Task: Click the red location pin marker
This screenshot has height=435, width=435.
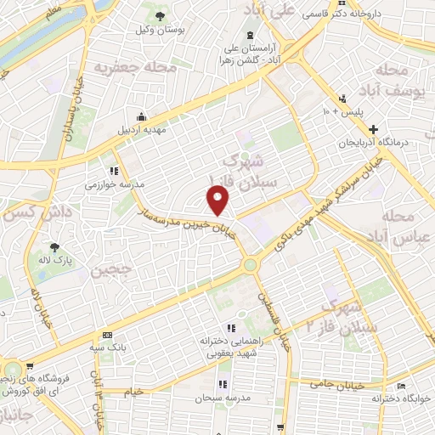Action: click(x=219, y=201)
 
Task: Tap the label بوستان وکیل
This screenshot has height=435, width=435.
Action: click(x=159, y=30)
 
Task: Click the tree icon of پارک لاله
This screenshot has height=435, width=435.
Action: click(x=55, y=247)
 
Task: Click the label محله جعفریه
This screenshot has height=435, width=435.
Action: click(x=136, y=65)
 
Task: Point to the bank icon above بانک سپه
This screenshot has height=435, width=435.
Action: click(x=106, y=335)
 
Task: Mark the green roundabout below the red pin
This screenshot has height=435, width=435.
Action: click(x=249, y=265)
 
